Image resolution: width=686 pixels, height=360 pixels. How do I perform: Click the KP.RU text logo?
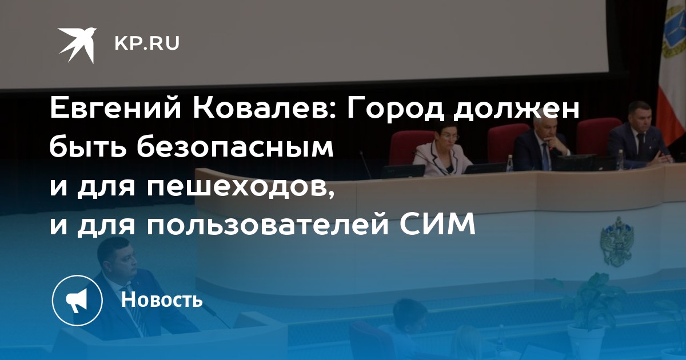tap(147, 43)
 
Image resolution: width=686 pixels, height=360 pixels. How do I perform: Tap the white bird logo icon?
tap(77, 45)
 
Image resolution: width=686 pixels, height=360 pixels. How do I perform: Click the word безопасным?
tap(235, 147)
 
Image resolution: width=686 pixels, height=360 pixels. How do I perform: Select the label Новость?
tap(162, 299)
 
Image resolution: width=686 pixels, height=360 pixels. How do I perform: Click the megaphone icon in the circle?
tap(77, 301)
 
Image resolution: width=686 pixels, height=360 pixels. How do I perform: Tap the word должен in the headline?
tap(517, 110)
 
